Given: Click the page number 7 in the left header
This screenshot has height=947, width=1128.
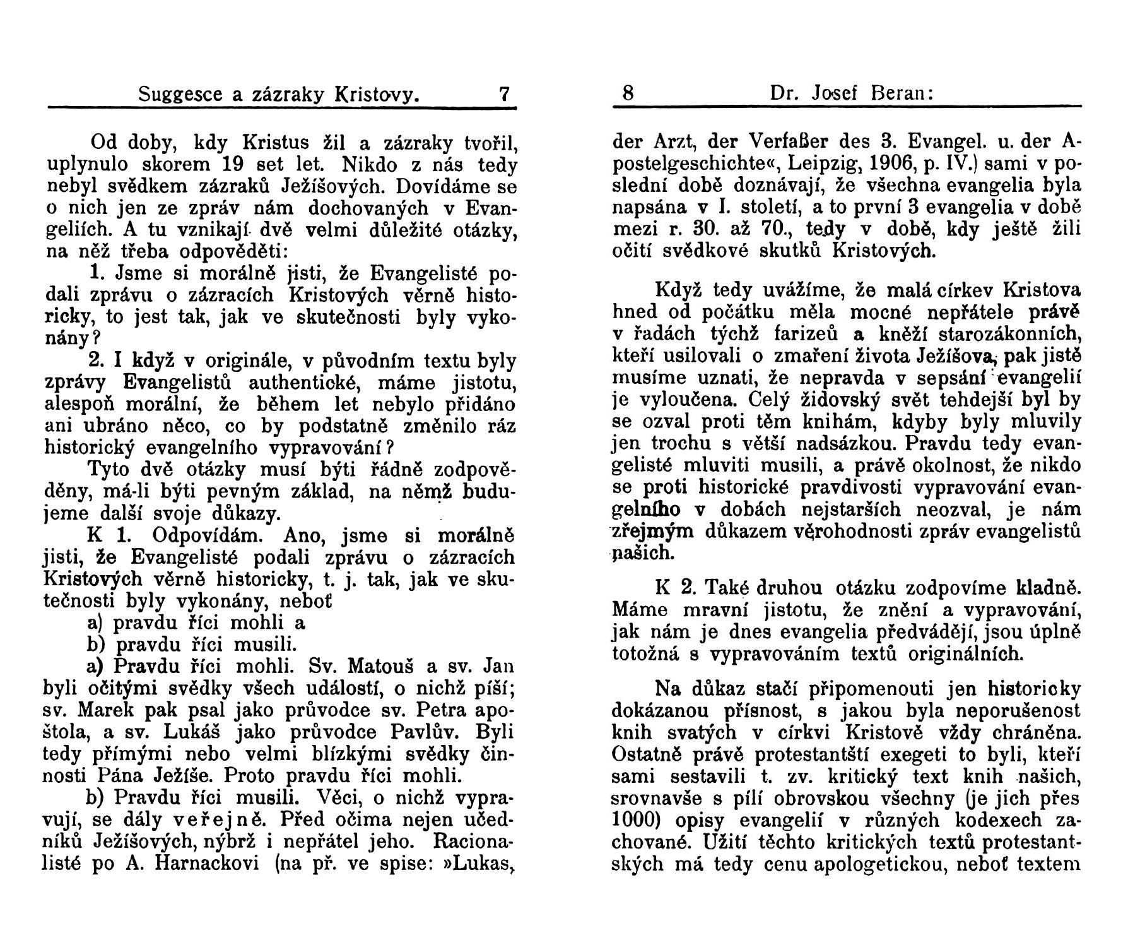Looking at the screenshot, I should (503, 95).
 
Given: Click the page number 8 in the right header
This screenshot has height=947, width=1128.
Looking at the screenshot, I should (628, 94).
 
